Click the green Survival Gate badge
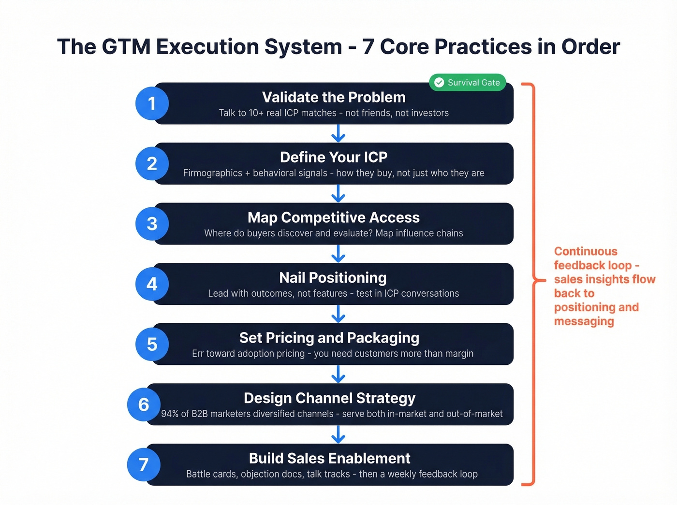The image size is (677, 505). tap(467, 83)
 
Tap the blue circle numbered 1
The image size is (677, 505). tap(152, 103)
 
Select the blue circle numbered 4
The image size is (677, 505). tap(152, 284)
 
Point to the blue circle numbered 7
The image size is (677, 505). tap(144, 464)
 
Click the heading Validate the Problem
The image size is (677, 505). tap(334, 97)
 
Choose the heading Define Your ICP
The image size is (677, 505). tap(334, 157)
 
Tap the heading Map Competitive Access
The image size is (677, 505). tap(334, 217)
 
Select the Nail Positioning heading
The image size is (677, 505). tap(333, 278)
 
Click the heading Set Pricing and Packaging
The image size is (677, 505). tap(329, 338)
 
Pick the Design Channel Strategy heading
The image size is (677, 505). tap(329, 398)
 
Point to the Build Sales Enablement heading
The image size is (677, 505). tap(329, 458)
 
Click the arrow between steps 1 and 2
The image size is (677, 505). tap(338, 133)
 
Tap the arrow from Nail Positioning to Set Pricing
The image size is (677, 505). tap(338, 314)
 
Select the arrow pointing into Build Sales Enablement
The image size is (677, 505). tap(338, 434)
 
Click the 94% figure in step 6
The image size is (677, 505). tap(170, 414)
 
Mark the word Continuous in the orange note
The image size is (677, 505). tap(586, 251)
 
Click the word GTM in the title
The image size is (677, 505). tap(125, 47)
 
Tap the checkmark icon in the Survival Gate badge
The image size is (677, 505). tap(439, 83)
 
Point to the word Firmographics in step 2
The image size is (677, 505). tap(212, 173)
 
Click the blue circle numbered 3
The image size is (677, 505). tap(152, 224)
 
